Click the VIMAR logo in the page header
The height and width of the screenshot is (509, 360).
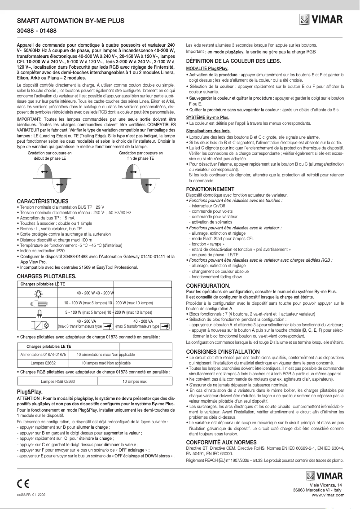pyautogui.click(x=321, y=21)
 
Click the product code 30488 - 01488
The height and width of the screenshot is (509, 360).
pyautogui.click(x=37, y=31)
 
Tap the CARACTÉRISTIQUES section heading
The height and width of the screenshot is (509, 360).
pyautogui.click(x=43, y=201)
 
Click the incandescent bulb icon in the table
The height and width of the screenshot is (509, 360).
pyautogui.click(x=38, y=293)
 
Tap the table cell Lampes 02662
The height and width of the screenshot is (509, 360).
pyautogui.click(x=43, y=363)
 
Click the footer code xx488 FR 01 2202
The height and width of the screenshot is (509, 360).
pyautogui.click(x=31, y=494)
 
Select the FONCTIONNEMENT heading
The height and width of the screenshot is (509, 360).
pyautogui.click(x=210, y=189)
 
